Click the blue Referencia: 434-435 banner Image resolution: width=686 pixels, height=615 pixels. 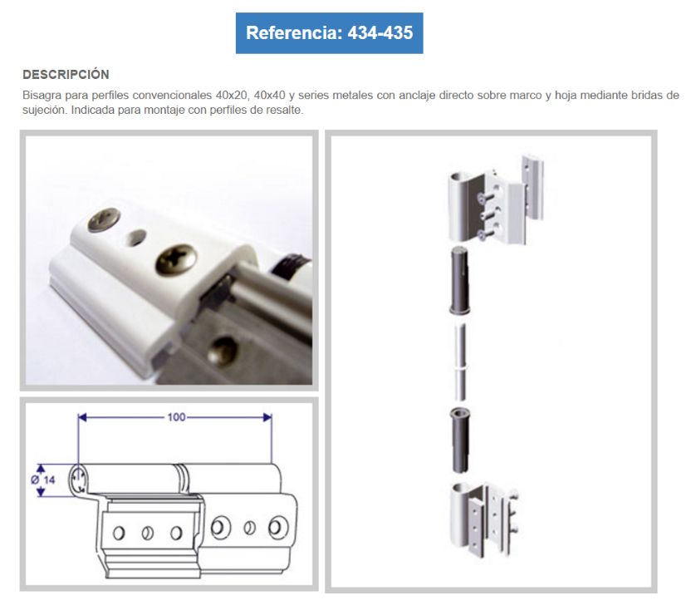pyautogui.click(x=329, y=33)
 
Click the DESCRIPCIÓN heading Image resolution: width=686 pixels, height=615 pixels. pyautogui.click(x=66, y=75)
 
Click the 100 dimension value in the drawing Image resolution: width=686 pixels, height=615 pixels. pyautogui.click(x=176, y=417)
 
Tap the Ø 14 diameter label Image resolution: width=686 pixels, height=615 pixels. pyautogui.click(x=43, y=480)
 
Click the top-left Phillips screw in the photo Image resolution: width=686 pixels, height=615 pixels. pyautogui.click(x=105, y=219)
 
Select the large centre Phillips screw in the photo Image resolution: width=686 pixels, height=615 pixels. pyautogui.click(x=176, y=259)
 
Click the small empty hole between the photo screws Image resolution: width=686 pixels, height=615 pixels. pyautogui.click(x=136, y=238)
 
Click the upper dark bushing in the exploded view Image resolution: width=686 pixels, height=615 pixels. pyautogui.click(x=459, y=280)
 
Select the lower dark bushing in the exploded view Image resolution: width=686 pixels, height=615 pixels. pyautogui.click(x=459, y=440)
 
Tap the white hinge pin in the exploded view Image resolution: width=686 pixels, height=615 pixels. pyautogui.click(x=460, y=362)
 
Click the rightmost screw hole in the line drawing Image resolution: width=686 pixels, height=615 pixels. pyautogui.click(x=278, y=527)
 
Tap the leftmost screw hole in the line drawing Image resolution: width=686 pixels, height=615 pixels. pyautogui.click(x=119, y=533)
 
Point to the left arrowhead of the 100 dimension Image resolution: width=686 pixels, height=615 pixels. pyautogui.click(x=82, y=417)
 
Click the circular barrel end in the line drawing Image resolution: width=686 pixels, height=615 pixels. pyautogui.click(x=78, y=480)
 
